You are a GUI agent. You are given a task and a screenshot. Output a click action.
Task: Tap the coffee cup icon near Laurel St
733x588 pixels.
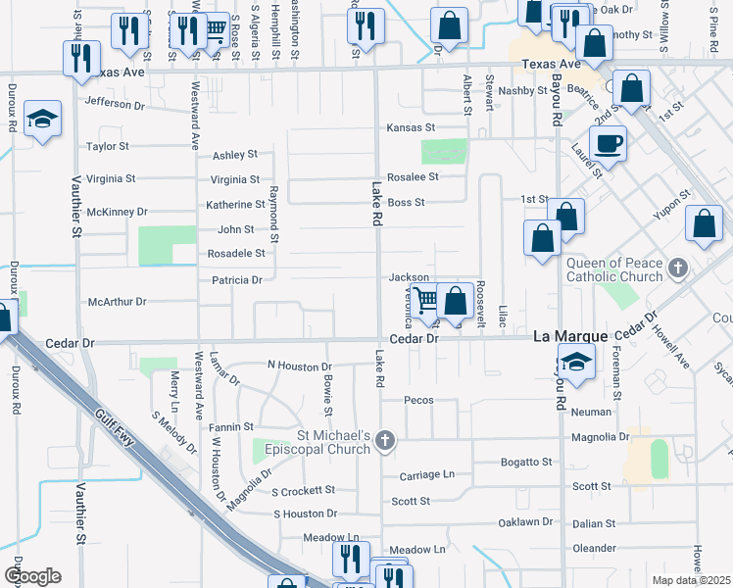click(x=608, y=143)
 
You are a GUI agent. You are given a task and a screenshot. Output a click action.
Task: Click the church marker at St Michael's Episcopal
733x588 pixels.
click(x=384, y=441)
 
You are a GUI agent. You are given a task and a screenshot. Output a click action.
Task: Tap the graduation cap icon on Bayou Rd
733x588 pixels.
click(x=576, y=361)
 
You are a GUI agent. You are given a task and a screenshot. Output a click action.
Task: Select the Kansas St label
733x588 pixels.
click(x=410, y=128)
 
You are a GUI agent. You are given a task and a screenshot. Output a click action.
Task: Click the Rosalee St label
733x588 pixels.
click(x=413, y=177)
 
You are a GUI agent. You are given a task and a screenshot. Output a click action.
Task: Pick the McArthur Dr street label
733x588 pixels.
click(x=117, y=302)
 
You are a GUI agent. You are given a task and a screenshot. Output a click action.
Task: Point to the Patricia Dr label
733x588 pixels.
click(x=237, y=280)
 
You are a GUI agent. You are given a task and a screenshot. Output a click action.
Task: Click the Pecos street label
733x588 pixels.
click(x=418, y=400)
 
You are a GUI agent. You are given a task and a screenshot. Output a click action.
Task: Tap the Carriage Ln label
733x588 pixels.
click(x=427, y=475)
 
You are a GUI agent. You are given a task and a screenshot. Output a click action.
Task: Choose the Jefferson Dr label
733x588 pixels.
click(x=115, y=102)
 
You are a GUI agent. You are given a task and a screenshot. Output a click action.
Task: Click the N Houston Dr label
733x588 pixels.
click(x=300, y=366)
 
